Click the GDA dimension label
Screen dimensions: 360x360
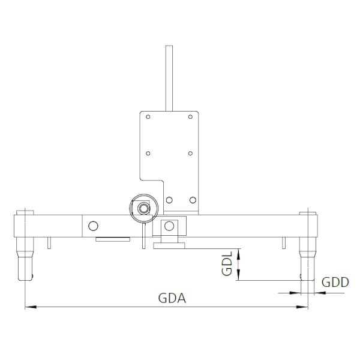pos(172,298)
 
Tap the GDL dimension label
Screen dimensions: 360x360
pos(227,265)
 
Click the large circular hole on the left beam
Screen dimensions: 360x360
pos(92,226)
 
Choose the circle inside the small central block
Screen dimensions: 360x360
pos(169,226)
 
